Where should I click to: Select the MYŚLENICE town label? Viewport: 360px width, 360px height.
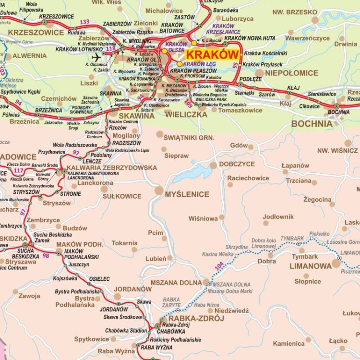click(x=187, y=194)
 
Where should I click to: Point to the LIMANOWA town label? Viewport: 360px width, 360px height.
click(x=310, y=265)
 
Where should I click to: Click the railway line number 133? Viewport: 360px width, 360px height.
click(x=85, y=22)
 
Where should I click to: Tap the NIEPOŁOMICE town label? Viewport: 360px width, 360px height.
click(x=292, y=73)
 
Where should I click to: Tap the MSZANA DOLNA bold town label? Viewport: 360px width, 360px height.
click(x=176, y=283)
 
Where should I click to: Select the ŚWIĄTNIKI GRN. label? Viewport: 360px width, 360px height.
click(x=189, y=138)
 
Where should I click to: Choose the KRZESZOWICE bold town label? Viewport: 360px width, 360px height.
click(x=36, y=32)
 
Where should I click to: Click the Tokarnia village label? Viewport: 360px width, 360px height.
click(x=125, y=243)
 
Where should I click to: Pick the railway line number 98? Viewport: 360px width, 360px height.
click(x=46, y=256)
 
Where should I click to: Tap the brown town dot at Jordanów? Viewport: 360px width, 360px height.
click(x=118, y=297)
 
